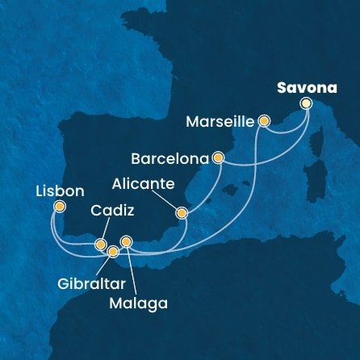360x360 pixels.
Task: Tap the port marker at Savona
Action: [x=306, y=103]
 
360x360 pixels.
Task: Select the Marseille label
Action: [x=220, y=123]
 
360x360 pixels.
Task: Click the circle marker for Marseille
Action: [x=263, y=122]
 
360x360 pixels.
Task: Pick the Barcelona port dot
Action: [x=217, y=158]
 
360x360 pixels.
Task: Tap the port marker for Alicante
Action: [x=182, y=214]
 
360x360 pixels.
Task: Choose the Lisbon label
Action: [x=59, y=191]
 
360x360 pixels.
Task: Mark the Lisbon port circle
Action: [x=59, y=207]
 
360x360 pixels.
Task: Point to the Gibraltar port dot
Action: [x=113, y=252]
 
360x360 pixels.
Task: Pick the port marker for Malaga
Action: [x=126, y=241]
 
